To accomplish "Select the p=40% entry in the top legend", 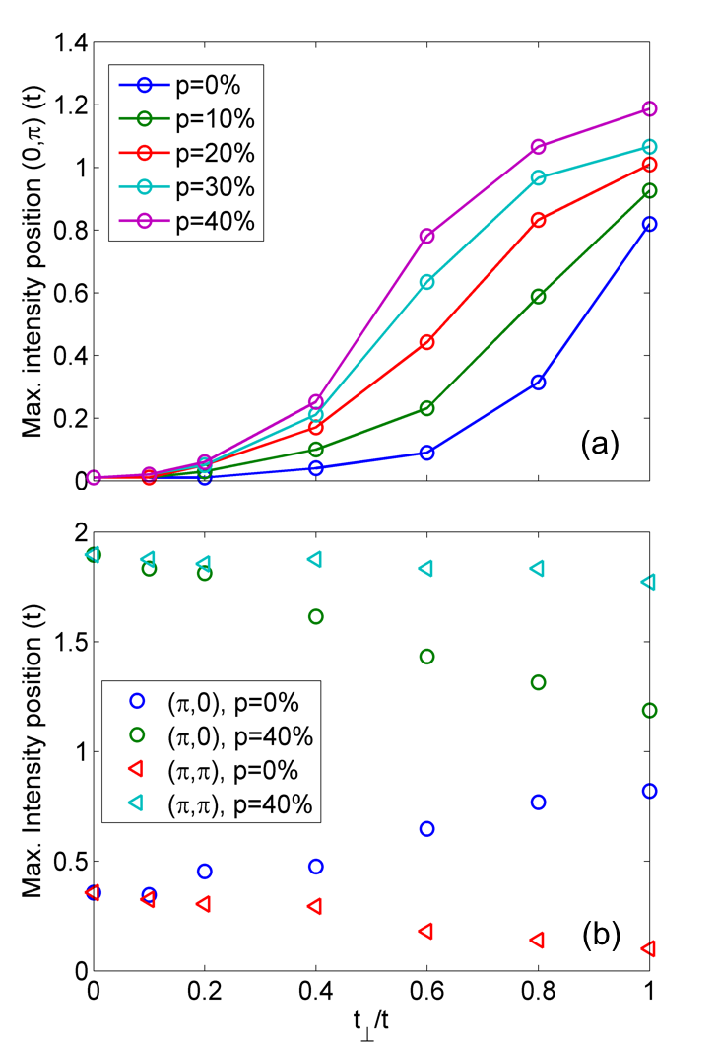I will click(187, 222).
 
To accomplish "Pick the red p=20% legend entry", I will click(187, 153).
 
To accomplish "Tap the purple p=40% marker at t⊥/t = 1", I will click(649, 108).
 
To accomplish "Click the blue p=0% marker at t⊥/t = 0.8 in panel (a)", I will click(538, 382).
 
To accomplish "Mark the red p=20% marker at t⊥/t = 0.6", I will click(426, 342).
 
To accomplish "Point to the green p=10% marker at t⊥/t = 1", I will click(649, 190).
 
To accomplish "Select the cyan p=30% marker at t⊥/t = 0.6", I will click(426, 282).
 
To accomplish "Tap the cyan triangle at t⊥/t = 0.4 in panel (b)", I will click(315, 559).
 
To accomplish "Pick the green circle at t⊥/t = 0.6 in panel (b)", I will click(426, 657).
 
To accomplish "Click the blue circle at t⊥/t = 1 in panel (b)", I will click(649, 791).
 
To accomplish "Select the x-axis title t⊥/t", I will click(371, 1028).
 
